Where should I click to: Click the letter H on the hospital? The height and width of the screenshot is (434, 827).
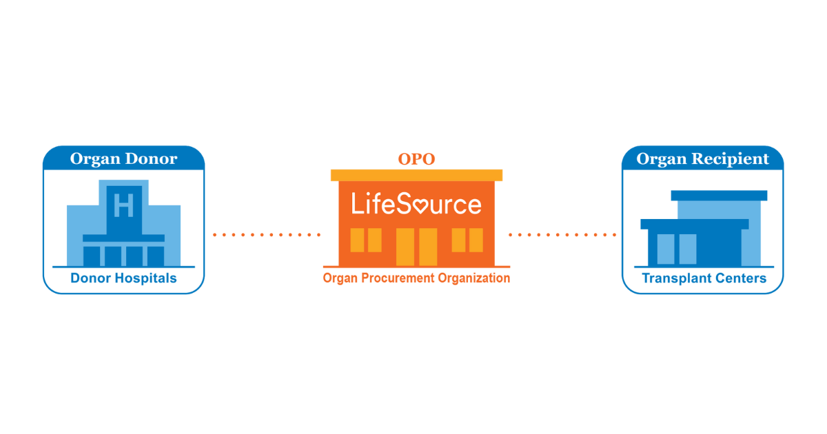point(123,205)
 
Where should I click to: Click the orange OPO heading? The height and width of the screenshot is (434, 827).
point(416,160)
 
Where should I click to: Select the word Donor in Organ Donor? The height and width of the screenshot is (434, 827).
point(152,159)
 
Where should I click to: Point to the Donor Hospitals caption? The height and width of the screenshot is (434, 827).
point(123,278)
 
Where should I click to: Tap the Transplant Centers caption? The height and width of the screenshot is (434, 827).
point(704,278)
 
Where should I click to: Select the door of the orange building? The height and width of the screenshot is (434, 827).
point(416,246)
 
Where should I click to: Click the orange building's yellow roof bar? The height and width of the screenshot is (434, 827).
point(416,175)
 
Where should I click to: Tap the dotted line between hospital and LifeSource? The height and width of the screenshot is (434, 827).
point(267,235)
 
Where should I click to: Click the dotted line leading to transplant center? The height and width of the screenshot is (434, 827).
point(562,235)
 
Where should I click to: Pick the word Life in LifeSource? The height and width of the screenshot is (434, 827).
point(368,204)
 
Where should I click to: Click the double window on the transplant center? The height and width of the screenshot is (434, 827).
point(677,249)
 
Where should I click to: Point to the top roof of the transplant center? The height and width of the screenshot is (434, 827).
point(719,196)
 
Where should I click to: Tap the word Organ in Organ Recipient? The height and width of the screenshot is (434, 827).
point(662,159)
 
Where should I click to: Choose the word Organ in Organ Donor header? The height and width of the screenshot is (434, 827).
point(94,159)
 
